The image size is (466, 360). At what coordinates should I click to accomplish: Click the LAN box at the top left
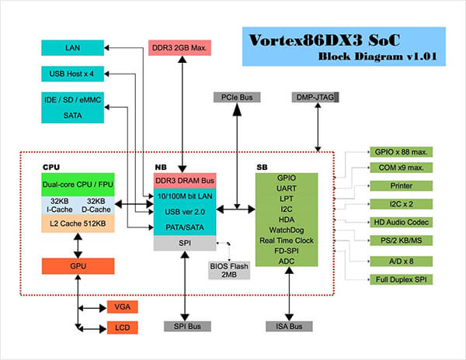72,48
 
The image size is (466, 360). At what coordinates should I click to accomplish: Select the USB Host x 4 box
72,74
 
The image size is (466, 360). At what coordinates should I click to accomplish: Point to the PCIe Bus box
236,97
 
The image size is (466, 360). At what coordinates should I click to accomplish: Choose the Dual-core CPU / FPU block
78,185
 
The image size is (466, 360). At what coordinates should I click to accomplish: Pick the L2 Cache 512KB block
78,224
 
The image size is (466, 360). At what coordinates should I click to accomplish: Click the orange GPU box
78,265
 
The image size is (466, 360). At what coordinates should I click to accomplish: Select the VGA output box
122,306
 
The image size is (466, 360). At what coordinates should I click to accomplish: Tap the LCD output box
122,327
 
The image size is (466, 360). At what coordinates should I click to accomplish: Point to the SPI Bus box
183,327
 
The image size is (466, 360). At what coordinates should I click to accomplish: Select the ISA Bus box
289,327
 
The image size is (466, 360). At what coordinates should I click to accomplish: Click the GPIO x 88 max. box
400,152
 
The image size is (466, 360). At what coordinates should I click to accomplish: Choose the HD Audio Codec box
400,222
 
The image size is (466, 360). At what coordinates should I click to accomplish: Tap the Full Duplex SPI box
400,279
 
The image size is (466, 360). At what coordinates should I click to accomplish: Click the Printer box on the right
400,186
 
